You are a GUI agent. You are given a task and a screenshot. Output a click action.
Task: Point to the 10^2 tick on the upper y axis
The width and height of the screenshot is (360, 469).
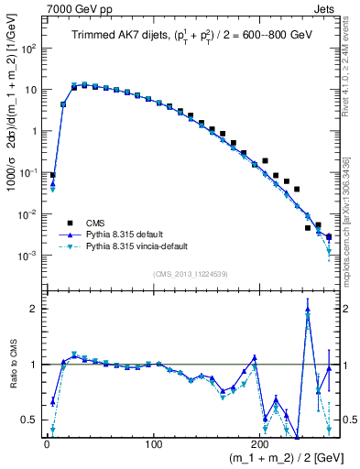coord(30,49)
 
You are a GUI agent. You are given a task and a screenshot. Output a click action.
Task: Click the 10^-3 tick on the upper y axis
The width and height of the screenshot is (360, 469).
coord(29,256)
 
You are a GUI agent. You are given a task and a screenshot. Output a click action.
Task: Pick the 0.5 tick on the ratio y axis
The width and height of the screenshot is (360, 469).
coord(30,420)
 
